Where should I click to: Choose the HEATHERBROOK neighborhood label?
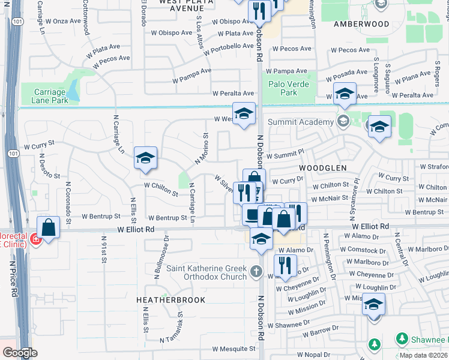point(170,300)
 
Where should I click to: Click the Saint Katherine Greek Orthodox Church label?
point(206,272)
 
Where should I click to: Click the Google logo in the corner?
point(20,352)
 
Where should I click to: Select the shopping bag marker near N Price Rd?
point(49,228)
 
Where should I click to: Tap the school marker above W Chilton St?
point(145,158)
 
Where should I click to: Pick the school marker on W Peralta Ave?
point(345,95)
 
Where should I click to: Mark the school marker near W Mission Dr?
point(373,305)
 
